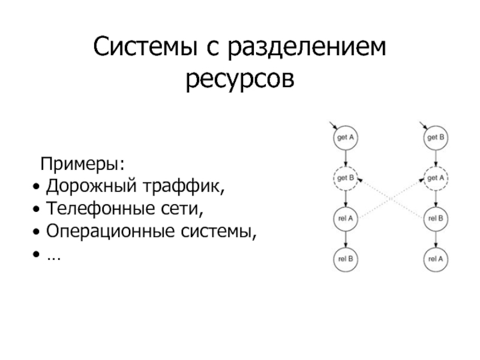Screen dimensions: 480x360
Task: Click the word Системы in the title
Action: point(145,46)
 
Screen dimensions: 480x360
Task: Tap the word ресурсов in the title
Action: point(240,80)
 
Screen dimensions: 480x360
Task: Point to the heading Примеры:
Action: point(83,164)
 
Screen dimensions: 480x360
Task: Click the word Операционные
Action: point(110,231)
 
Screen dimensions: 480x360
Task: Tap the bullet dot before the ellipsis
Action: point(37,254)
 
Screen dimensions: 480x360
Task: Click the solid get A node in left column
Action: point(346,137)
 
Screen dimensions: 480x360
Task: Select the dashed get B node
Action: point(346,178)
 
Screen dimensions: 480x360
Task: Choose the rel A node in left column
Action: point(346,218)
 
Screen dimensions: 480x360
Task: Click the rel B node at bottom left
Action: point(346,259)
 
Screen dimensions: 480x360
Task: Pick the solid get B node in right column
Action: point(436,137)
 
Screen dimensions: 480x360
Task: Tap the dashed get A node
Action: point(436,178)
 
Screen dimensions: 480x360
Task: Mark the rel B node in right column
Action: point(436,218)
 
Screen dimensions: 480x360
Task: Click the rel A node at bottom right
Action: point(436,259)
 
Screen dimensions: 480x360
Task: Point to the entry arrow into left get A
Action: point(333,125)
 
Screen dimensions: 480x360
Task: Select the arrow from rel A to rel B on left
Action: point(346,239)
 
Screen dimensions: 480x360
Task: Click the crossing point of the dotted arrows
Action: point(391,199)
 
